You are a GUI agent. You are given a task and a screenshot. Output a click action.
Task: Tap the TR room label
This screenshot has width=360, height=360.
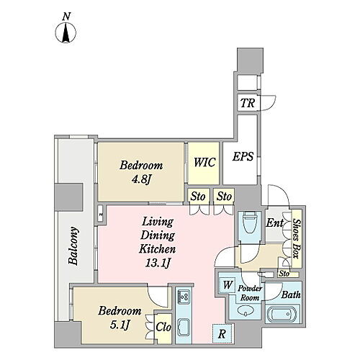tap(248, 103)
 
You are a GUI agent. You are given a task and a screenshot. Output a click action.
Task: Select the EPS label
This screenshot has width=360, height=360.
tap(243, 156)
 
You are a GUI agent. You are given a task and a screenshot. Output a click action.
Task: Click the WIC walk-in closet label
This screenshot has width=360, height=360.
tap(204, 162)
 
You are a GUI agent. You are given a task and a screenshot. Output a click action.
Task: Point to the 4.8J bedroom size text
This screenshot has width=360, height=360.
tap(141, 179)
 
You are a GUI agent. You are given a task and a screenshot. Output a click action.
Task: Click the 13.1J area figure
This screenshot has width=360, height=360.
tap(158, 263)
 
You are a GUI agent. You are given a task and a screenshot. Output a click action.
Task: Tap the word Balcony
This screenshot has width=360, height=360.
tap(73, 246)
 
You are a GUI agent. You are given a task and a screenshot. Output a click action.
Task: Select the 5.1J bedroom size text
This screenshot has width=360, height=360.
tap(120, 325)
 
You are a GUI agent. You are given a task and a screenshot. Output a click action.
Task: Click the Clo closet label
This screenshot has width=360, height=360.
tap(163, 327)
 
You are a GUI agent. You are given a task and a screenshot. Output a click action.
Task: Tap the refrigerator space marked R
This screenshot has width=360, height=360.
tap(222, 334)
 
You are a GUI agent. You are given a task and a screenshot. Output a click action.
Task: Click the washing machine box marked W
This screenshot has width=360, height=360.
tap(227, 285)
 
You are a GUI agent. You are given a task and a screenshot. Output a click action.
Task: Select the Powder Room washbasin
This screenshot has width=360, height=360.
tap(246, 312)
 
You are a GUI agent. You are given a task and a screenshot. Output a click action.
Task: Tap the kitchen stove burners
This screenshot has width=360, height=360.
tap(184, 297)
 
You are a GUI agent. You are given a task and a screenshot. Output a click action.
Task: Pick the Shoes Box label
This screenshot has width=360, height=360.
tap(297, 239)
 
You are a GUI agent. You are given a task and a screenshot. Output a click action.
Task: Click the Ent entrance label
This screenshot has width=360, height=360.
tap(275, 223)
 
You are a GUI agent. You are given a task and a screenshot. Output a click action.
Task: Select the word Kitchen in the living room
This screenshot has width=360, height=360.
tap(158, 249)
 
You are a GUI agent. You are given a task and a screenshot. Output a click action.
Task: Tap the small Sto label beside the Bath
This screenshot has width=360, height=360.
tap(284, 274)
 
